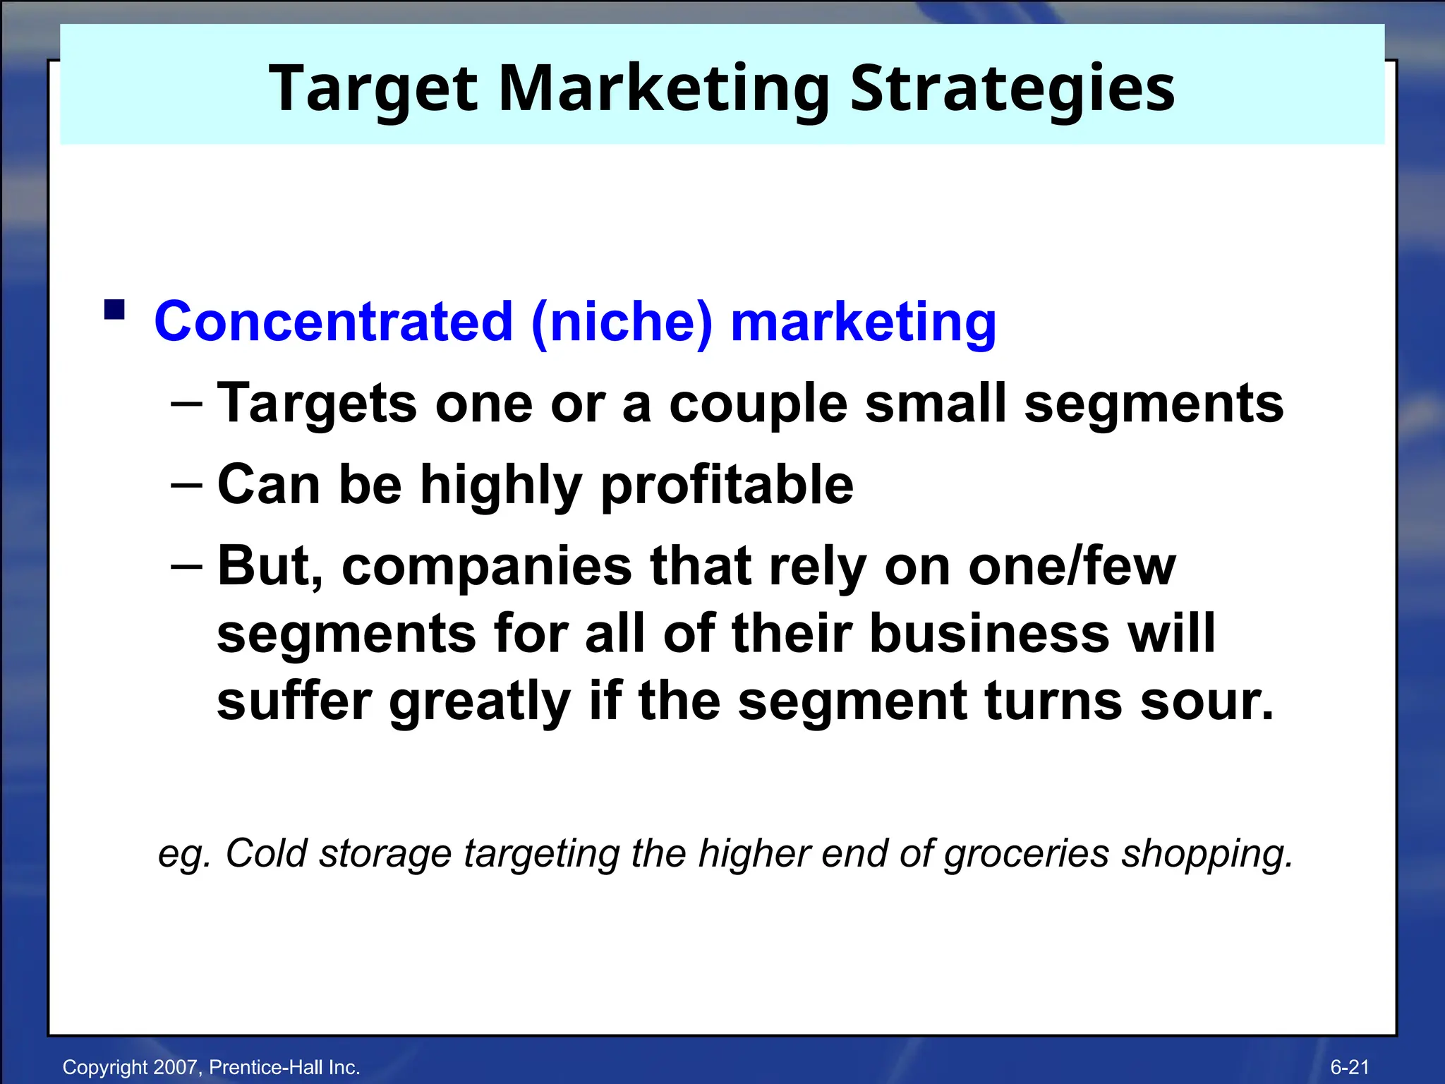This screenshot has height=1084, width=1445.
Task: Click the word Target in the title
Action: pyautogui.click(x=373, y=90)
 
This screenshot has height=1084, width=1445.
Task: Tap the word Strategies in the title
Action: pyautogui.click(x=1012, y=90)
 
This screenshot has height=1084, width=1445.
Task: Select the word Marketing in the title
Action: pyautogui.click(x=663, y=90)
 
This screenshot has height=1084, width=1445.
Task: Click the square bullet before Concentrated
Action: pyautogui.click(x=114, y=310)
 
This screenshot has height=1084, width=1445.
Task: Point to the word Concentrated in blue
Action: pyautogui.click(x=333, y=322)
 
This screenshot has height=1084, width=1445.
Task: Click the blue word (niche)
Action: pyautogui.click(x=622, y=322)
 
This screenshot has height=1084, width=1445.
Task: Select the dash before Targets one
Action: pyautogui.click(x=186, y=404)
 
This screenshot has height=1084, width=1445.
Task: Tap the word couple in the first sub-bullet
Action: pyautogui.click(x=758, y=404)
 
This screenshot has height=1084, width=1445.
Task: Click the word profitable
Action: pyautogui.click(x=727, y=485)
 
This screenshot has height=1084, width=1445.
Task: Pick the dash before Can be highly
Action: pyautogui.click(x=186, y=485)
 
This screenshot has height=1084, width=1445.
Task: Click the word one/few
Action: pyautogui.click(x=1072, y=566)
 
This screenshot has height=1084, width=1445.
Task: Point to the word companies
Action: pyautogui.click(x=487, y=566)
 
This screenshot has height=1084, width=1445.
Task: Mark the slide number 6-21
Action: pyautogui.click(x=1350, y=1067)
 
